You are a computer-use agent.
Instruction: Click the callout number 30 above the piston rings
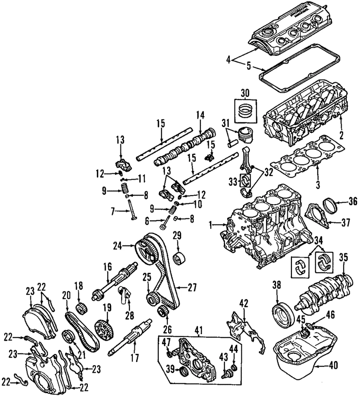click(245, 93)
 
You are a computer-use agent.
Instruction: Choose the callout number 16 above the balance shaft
click(107, 268)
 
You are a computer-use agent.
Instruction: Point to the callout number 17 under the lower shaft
click(133, 357)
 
